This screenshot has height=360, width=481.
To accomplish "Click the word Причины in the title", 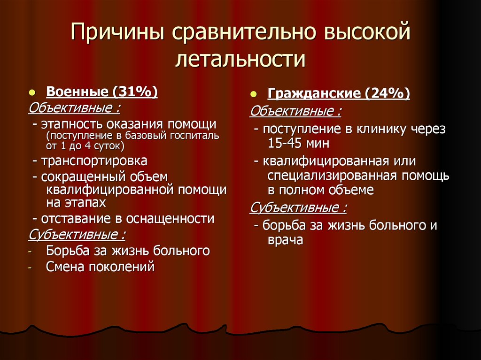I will [116, 36].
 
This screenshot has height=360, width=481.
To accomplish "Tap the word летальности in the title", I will [240, 60].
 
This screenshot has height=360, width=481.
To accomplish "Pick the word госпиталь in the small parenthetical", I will [195, 136].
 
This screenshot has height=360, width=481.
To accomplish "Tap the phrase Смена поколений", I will [100, 268].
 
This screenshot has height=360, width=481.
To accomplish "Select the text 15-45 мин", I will [299, 143].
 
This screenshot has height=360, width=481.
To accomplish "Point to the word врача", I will [286, 240].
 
